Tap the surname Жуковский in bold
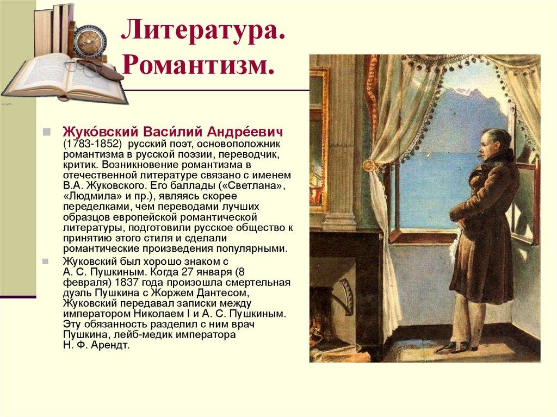point(100,133)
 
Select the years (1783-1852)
point(92,144)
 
